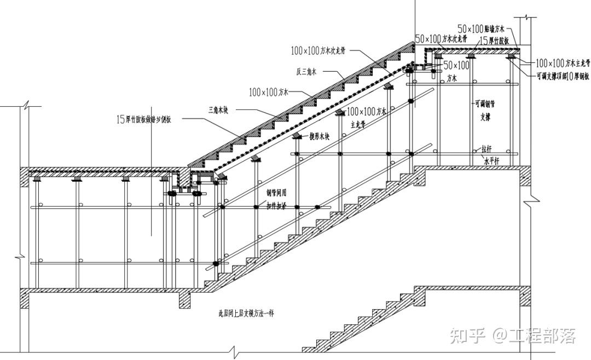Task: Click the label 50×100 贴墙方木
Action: tap(482, 28)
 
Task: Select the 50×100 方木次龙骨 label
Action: tap(441, 39)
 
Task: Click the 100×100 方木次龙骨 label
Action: tap(318, 51)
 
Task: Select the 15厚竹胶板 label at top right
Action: tap(495, 41)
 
